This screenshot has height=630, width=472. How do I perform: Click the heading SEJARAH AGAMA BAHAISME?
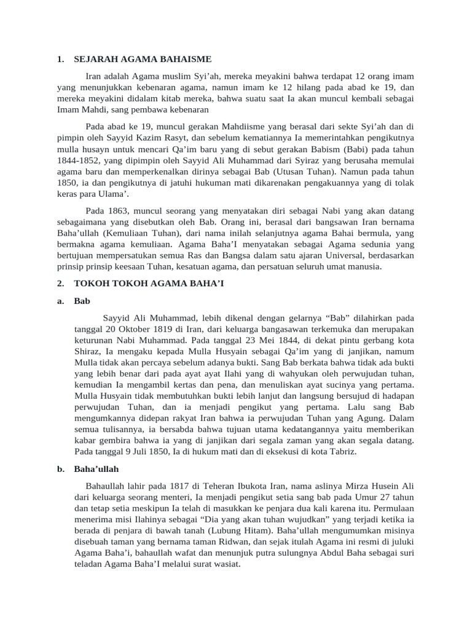click(143, 60)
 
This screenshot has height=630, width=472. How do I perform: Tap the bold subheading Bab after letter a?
click(81, 301)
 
